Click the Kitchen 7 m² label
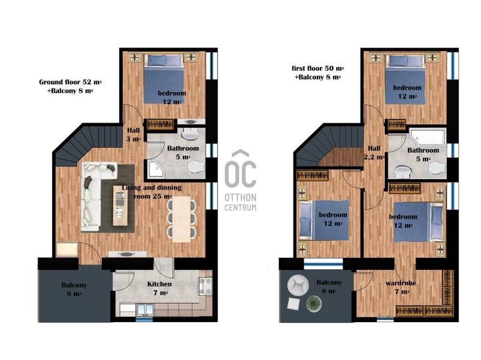pos(159,288)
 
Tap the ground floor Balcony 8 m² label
pos(74,289)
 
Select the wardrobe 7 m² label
pos(400,287)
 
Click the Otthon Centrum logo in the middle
pos(240,181)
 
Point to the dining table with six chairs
pos(182,219)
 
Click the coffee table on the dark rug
pos(120,206)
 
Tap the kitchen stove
pos(206,285)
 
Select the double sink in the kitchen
pos(144,310)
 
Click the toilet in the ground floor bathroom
pos(196,168)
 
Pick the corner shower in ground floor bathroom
pos(156,168)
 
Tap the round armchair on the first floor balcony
pos(298,285)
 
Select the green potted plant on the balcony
pos(314,304)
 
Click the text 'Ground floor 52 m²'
pos(70,82)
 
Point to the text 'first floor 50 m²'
pos(317,69)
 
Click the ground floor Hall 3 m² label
pos(133,135)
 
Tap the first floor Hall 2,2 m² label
pos(374,153)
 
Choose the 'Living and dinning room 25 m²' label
pos(152,192)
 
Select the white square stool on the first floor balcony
pos(293,304)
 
